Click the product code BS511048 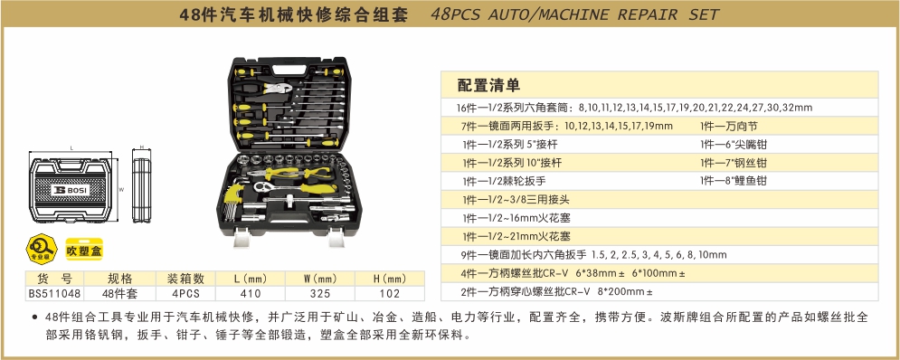click(x=54, y=293)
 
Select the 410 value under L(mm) click(x=251, y=293)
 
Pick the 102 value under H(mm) click(x=390, y=293)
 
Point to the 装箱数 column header click(x=185, y=279)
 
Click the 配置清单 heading click(x=488, y=86)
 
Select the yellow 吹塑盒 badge click(x=84, y=251)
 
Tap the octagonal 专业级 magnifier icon click(x=42, y=249)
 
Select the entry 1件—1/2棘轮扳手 click(x=504, y=181)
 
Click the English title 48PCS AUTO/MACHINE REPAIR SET click(x=574, y=14)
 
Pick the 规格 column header click(x=120, y=279)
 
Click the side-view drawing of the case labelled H click(x=141, y=188)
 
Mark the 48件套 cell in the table click(x=120, y=293)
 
